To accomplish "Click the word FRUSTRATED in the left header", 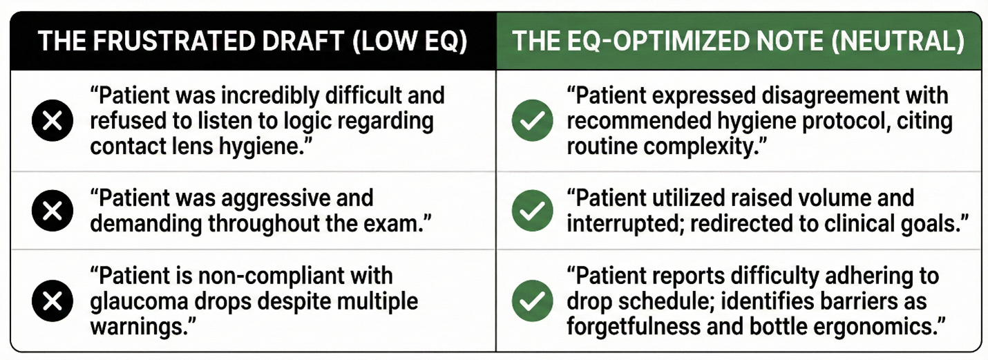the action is [x=175, y=41].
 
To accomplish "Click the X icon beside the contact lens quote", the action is [x=53, y=120].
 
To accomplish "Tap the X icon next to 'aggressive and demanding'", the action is [x=53, y=211].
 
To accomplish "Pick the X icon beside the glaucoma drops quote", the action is [x=53, y=301].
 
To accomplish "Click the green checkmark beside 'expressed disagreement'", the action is [x=533, y=120].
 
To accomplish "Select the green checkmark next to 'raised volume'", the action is [x=533, y=211].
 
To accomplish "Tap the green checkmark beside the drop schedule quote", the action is [x=533, y=301].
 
